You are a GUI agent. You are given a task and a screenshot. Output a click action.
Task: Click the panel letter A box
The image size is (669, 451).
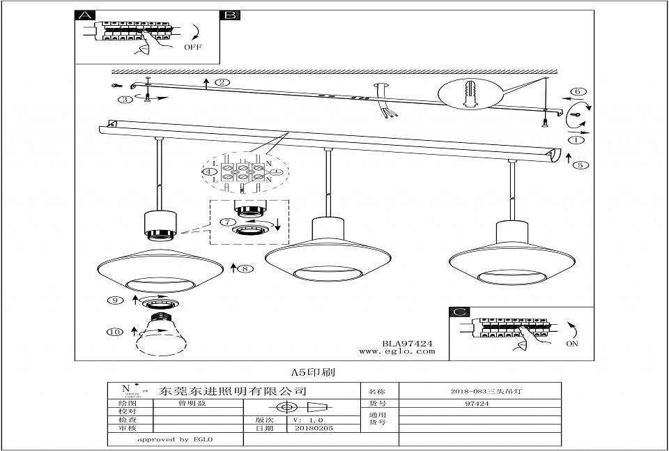84,15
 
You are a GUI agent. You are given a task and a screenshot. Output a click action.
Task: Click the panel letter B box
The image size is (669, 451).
231,15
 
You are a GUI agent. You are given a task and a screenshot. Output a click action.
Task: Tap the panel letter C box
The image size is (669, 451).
458,312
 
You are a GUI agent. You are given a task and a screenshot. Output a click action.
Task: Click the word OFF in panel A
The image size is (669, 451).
194,47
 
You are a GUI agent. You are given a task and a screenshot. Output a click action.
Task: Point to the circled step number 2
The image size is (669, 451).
222,82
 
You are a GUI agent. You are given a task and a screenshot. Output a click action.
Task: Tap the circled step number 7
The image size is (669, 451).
226,222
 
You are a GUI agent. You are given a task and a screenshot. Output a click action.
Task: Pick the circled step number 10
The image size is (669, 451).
114,332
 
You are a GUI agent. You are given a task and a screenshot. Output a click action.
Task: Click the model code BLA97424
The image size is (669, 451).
408,343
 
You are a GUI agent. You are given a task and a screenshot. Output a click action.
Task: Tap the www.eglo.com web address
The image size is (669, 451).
397,351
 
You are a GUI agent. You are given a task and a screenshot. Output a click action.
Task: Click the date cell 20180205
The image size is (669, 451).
314,428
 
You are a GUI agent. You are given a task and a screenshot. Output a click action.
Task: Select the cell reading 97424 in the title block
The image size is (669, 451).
480,403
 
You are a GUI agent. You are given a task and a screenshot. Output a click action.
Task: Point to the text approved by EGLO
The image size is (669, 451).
174,440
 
